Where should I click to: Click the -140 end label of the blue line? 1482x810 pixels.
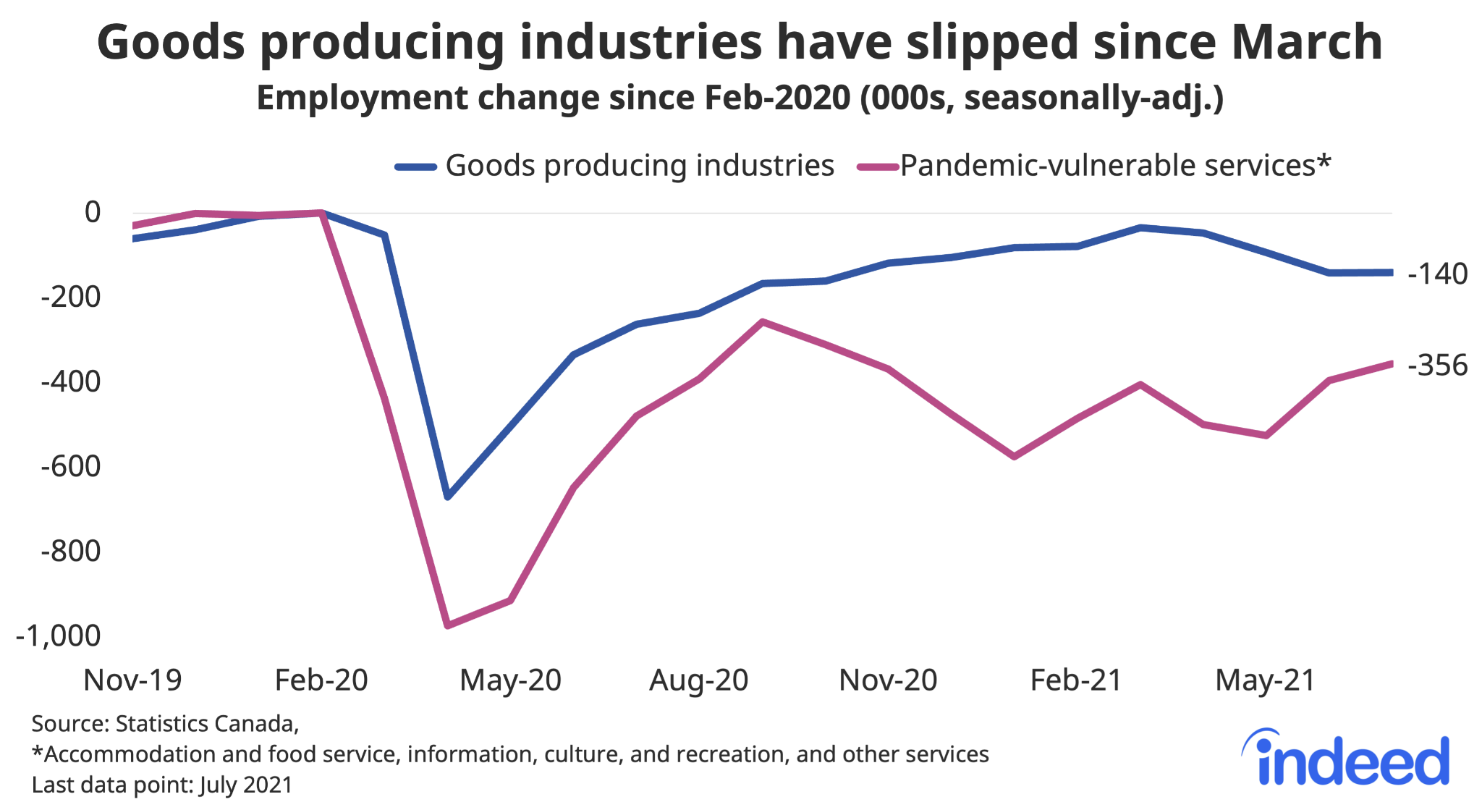point(1437,274)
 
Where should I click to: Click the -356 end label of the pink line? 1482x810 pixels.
point(1437,366)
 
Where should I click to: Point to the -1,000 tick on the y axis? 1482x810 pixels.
point(58,636)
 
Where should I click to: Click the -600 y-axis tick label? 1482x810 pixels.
point(70,466)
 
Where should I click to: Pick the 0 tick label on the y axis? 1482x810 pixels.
point(93,213)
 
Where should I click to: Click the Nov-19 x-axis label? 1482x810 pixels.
point(132,680)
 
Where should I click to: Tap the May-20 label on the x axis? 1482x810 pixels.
point(510,680)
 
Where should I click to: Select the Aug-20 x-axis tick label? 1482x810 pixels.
point(698,680)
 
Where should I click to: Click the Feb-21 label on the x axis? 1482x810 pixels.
point(1076,680)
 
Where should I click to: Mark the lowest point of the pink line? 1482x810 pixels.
point(448,625)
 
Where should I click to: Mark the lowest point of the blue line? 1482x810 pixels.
point(448,498)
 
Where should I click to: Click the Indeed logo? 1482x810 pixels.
point(1346,760)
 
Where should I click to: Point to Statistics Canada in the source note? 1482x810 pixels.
point(206,724)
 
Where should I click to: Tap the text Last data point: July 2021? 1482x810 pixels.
point(162,785)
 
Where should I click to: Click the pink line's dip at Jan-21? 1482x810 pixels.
point(1015,457)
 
